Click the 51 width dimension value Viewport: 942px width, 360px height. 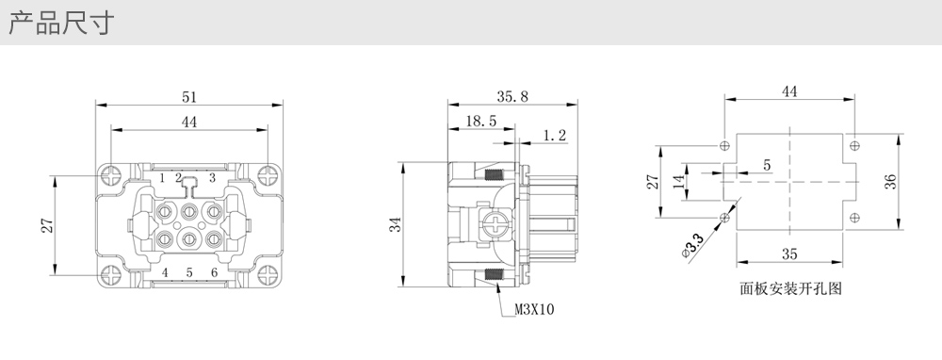click(189, 97)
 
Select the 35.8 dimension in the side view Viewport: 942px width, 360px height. click(512, 97)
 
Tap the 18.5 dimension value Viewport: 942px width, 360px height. click(480, 121)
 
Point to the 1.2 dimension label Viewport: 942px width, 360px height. click(555, 136)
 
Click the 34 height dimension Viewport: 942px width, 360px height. click(394, 224)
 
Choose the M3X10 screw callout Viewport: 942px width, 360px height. click(535, 309)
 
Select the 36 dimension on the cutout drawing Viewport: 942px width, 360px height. click(890, 182)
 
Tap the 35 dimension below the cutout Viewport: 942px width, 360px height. click(789, 254)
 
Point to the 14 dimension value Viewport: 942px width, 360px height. click(679, 182)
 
